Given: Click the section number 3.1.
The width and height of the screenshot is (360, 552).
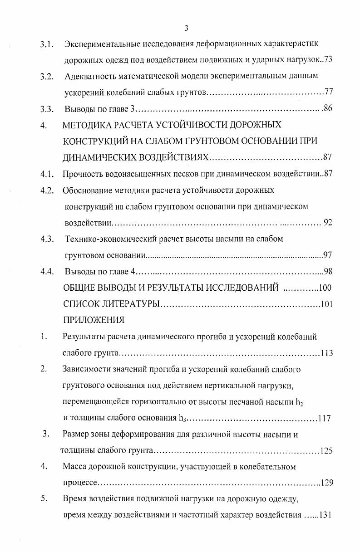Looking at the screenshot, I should [47, 44].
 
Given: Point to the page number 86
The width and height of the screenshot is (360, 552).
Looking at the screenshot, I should [328, 109].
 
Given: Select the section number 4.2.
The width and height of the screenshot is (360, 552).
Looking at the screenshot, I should [47, 191].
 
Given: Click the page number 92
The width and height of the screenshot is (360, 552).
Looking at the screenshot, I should [328, 222].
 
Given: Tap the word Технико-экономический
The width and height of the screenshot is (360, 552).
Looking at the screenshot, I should [105, 239].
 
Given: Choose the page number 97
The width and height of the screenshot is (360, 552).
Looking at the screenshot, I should [328, 255].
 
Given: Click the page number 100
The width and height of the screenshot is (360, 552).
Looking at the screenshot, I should [326, 288].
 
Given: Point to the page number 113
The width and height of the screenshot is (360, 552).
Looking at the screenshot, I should [326, 353].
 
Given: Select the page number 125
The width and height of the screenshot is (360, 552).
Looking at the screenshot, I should [326, 451].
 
